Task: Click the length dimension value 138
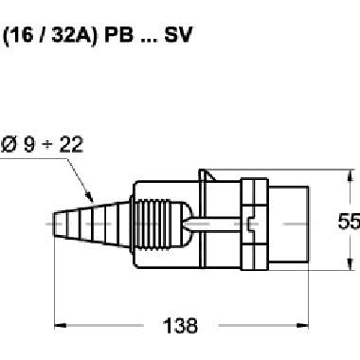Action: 180,326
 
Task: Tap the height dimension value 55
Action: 349,221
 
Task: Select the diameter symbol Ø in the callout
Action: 9,145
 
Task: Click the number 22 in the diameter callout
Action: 71,145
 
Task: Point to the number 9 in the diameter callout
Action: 29,145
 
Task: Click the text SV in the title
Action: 178,35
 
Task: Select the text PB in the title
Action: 118,35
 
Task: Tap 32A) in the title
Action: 74,35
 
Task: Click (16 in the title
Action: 18,35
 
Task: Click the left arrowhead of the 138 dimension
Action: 60,325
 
